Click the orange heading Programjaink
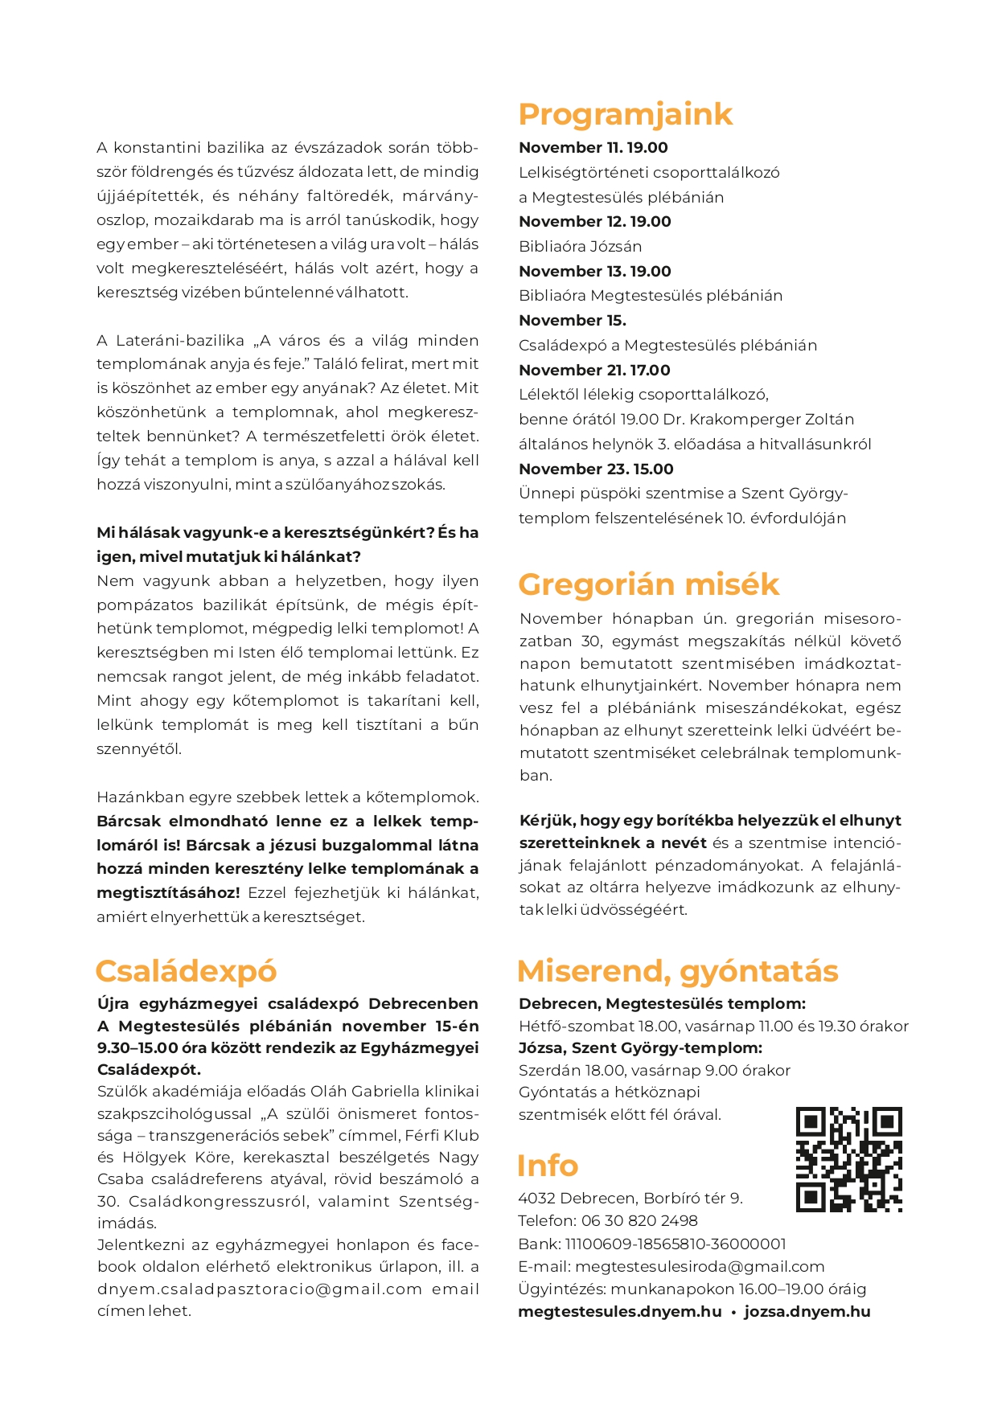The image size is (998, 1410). tap(625, 115)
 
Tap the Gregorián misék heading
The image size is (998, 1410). tap(648, 584)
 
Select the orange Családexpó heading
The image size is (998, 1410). tap(186, 971)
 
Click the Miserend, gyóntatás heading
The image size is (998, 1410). tap(677, 971)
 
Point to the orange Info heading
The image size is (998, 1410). tap(548, 1166)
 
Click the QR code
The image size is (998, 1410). tap(848, 1159)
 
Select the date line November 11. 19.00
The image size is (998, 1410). tap(593, 148)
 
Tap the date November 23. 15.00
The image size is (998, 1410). tap(596, 469)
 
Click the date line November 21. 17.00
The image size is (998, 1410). tap(594, 371)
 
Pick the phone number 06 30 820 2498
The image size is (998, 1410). tap(639, 1221)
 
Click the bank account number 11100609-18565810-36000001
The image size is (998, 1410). tap(676, 1244)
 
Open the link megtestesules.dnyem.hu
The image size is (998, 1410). tap(619, 1312)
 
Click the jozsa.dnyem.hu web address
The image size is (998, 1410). tap(807, 1312)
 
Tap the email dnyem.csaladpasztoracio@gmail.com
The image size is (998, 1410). tap(260, 1289)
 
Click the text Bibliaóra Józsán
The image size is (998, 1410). tap(580, 247)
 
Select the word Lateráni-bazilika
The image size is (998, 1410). tap(180, 341)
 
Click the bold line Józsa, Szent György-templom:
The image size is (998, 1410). tap(640, 1048)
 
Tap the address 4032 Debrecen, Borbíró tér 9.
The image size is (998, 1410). tap(630, 1199)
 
